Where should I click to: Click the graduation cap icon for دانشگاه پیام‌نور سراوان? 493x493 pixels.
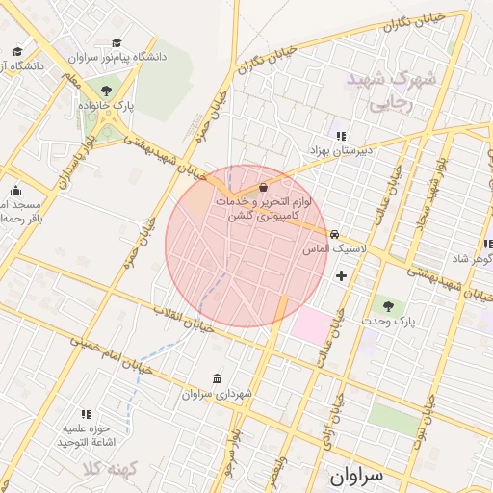[x=117, y=42]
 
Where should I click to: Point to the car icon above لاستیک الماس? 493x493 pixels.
[x=334, y=234]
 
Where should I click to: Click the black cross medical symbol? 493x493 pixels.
[x=341, y=276]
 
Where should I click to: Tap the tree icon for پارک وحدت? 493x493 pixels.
[x=389, y=304]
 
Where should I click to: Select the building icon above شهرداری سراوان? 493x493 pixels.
[x=216, y=378]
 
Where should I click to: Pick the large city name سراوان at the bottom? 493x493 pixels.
[x=355, y=476]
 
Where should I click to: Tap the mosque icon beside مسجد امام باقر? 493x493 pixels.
[x=14, y=190]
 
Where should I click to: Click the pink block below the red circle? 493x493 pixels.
[x=310, y=324]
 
